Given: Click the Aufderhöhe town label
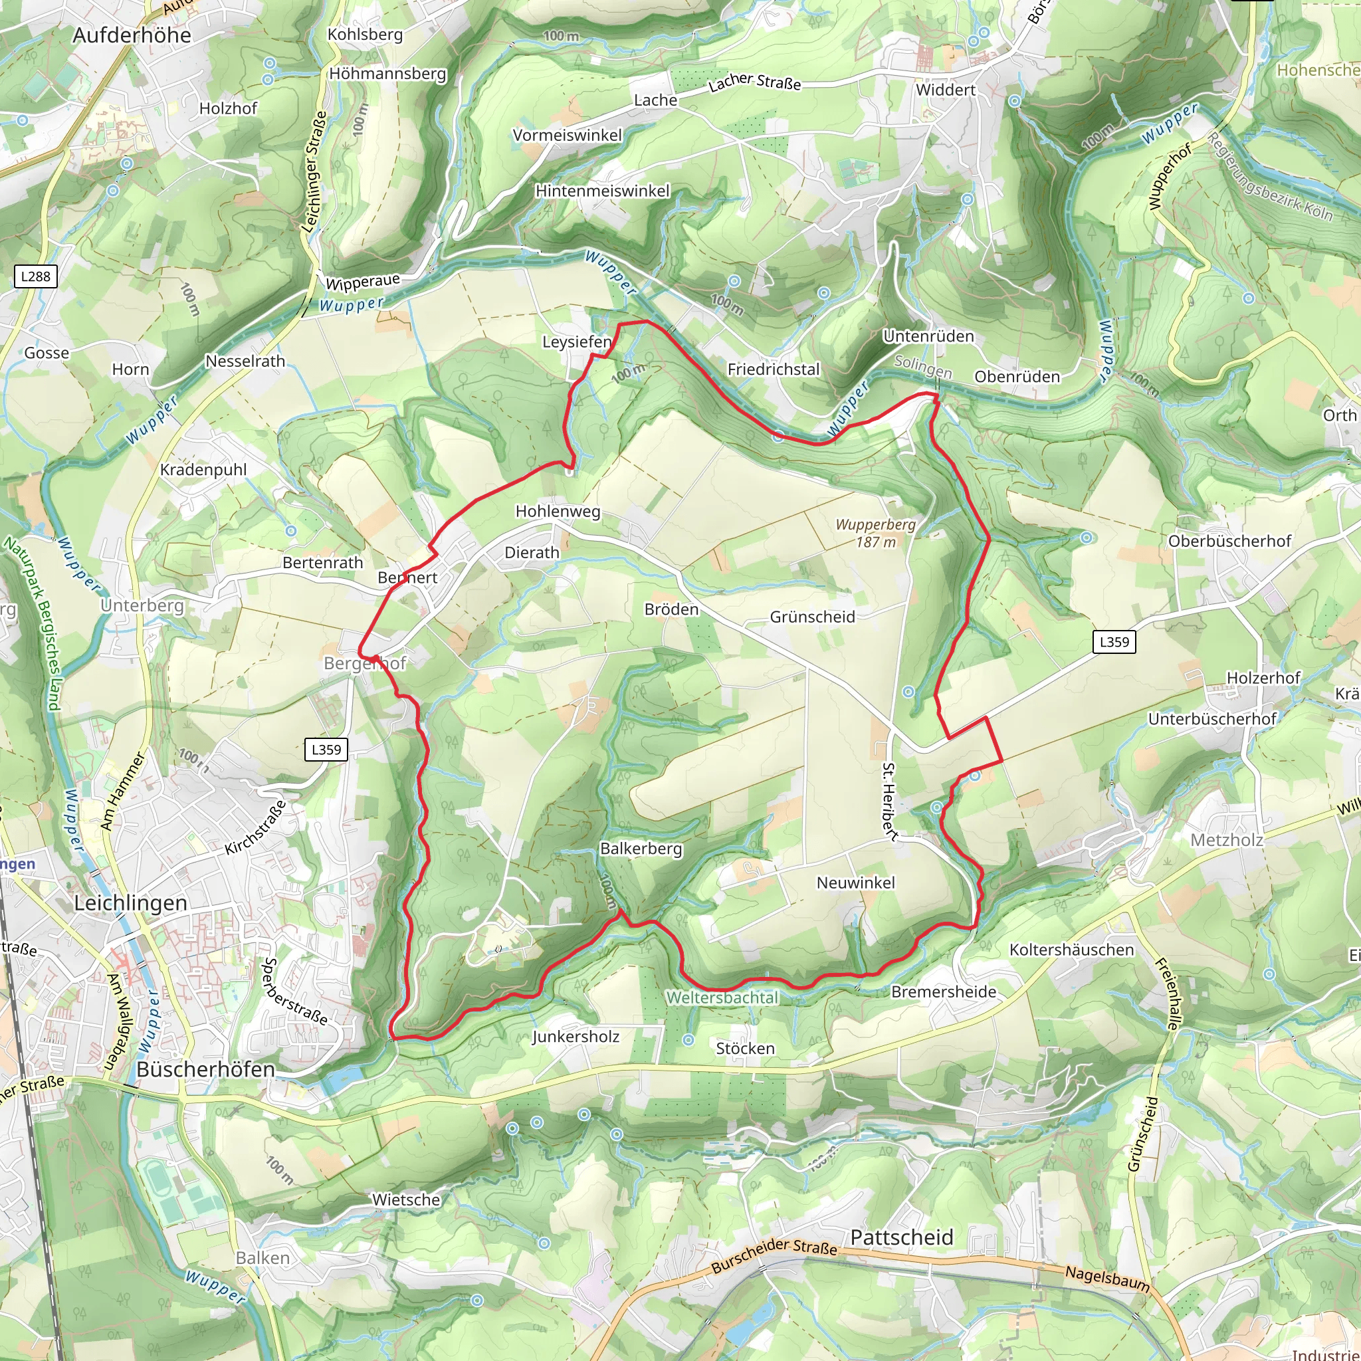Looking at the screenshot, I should pyautogui.click(x=132, y=35).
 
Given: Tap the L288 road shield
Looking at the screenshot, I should pyautogui.click(x=35, y=276).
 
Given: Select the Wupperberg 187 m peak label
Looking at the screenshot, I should pyautogui.click(x=876, y=533).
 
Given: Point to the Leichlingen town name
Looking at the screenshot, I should pyautogui.click(x=131, y=903).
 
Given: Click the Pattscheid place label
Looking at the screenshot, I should pyautogui.click(x=902, y=1237).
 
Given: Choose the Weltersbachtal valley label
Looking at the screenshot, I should pyautogui.click(x=723, y=997).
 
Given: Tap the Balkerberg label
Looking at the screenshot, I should pyautogui.click(x=641, y=849).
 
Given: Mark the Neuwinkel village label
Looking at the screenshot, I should pyautogui.click(x=855, y=883).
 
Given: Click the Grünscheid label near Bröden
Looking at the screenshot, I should pyautogui.click(x=812, y=617).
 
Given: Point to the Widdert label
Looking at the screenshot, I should pyautogui.click(x=946, y=90).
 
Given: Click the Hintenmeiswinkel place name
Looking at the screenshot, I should pyautogui.click(x=602, y=191).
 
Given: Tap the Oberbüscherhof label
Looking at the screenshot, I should pyautogui.click(x=1229, y=541).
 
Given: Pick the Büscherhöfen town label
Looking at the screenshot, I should pyautogui.click(x=206, y=1069).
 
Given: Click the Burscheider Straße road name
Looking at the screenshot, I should pyautogui.click(x=774, y=1255).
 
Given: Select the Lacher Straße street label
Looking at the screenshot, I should pyautogui.click(x=754, y=82).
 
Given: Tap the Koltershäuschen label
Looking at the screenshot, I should pyautogui.click(x=1071, y=950).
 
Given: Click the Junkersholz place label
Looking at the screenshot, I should pyautogui.click(x=576, y=1037).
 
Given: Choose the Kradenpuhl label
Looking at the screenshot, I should pyautogui.click(x=203, y=470).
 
